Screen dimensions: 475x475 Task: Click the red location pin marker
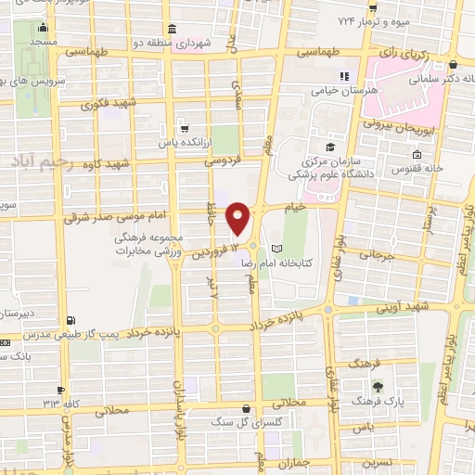click(x=238, y=218)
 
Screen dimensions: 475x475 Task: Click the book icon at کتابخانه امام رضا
click(x=276, y=250)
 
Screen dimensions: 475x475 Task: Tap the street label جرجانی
click(x=380, y=253)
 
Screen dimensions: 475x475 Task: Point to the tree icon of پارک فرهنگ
click(x=377, y=387)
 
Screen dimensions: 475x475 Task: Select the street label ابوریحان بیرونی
click(x=392, y=123)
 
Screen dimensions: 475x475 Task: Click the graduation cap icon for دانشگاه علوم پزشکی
click(x=330, y=146)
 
